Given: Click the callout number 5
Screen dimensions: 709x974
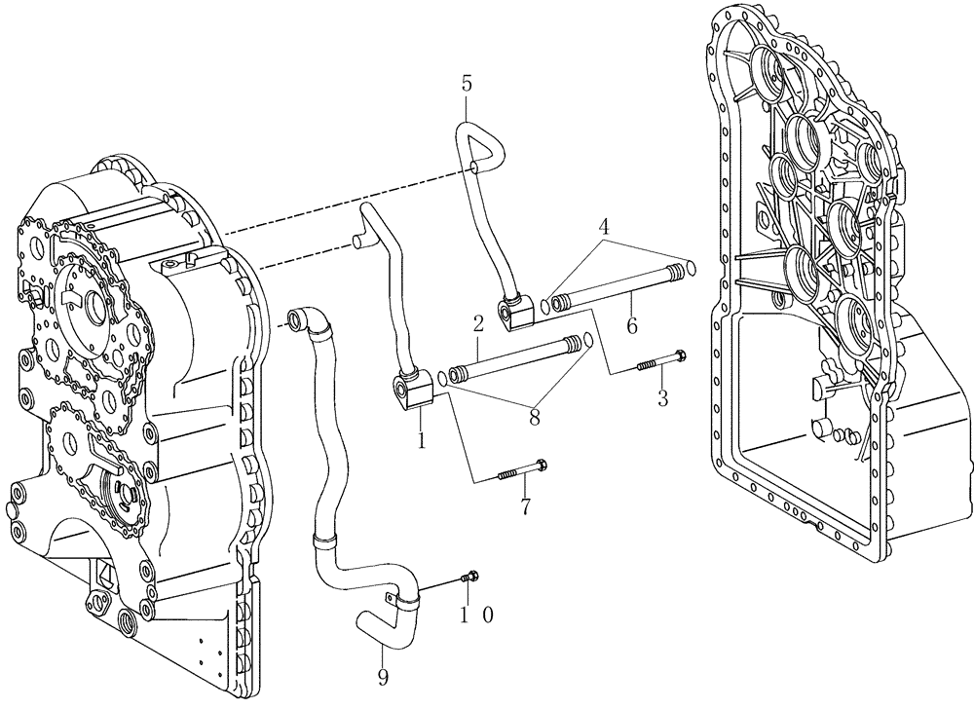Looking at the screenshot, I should pyautogui.click(x=467, y=85).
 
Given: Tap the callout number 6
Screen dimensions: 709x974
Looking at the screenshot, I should pyautogui.click(x=632, y=326).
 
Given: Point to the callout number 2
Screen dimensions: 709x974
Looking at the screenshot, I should pyautogui.click(x=479, y=322).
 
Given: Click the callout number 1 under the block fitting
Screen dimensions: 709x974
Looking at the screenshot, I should pyautogui.click(x=421, y=441).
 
